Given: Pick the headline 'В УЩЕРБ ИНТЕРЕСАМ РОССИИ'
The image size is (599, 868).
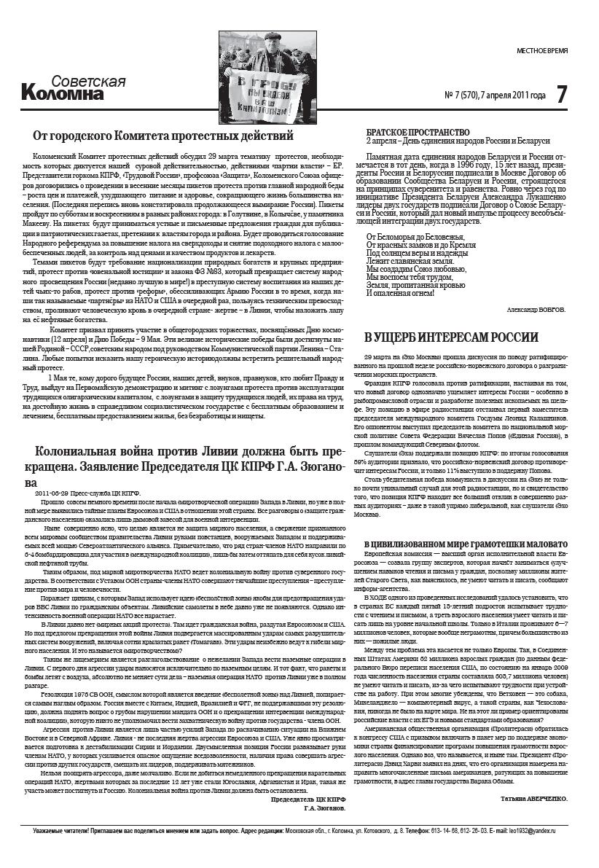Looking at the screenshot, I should pos(452,337).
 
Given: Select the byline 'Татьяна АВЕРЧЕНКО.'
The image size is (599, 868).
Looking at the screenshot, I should pos(534,799).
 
